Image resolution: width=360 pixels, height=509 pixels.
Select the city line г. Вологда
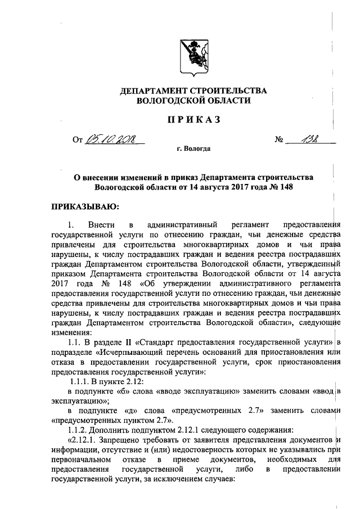click(x=193, y=150)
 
